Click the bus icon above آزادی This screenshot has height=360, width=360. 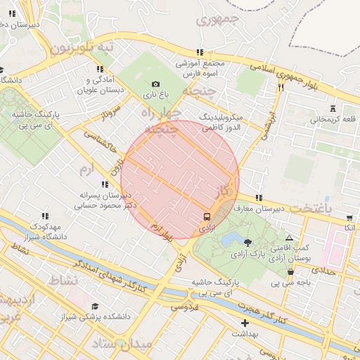click(207, 217)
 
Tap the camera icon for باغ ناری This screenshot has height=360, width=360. click(155, 84)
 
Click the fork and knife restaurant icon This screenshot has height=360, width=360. click(281, 88)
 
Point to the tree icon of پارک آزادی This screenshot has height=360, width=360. click(247, 243)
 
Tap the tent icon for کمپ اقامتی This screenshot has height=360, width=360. click(289, 238)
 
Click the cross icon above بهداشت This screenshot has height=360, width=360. click(245, 323)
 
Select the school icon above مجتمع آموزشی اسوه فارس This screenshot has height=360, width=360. click(200, 52)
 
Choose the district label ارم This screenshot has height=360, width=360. click(87, 169)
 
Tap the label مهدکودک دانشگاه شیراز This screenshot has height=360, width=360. click(45, 232)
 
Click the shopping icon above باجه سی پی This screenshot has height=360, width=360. click(290, 272)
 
